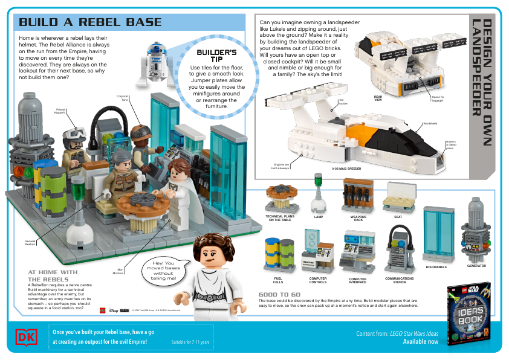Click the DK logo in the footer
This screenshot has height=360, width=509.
pyautogui.click(x=26, y=337)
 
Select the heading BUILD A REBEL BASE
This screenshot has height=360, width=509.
pyautogui.click(x=90, y=22)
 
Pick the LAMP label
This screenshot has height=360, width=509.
pyautogui.click(x=318, y=216)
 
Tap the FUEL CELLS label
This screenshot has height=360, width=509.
pyautogui.click(x=277, y=280)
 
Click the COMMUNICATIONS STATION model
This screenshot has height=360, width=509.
pyautogui.click(x=399, y=250)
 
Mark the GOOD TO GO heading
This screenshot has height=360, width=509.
pyautogui.click(x=279, y=295)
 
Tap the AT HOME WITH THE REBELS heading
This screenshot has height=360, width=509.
pyautogui.click(x=53, y=275)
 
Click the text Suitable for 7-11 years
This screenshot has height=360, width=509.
pyautogui.click(x=190, y=342)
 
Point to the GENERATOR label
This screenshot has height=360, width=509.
pyautogui.click(x=476, y=266)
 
